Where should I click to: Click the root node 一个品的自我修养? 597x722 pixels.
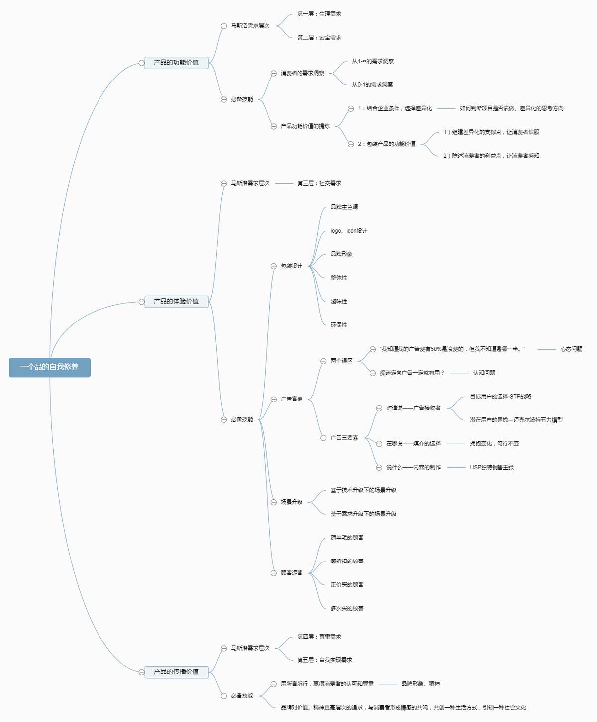(x=50, y=367)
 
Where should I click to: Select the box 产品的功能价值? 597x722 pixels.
(x=176, y=63)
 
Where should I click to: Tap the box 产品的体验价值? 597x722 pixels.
(x=176, y=301)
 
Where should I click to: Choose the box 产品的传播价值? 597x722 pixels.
(x=176, y=672)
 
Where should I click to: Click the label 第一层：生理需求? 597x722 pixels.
(x=319, y=14)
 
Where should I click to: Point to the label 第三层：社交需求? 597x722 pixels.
(x=319, y=183)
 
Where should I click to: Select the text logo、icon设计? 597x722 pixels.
(x=349, y=231)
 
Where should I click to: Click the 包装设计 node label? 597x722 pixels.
(x=292, y=266)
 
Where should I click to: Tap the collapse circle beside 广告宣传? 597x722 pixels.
(x=273, y=399)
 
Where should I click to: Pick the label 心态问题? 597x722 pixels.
(x=571, y=349)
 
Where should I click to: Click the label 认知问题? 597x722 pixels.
(x=484, y=373)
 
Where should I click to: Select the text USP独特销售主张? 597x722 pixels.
(x=492, y=467)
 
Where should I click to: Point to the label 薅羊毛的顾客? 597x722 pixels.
(x=347, y=538)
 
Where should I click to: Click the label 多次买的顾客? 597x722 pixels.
(x=347, y=608)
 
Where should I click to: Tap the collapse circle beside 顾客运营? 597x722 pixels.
(x=273, y=573)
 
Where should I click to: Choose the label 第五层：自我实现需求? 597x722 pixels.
(x=324, y=660)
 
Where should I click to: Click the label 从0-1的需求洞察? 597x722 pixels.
(x=372, y=85)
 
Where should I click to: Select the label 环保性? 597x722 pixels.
(x=339, y=325)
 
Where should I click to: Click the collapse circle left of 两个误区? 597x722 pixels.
(x=323, y=361)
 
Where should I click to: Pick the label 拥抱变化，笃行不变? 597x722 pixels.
(x=494, y=444)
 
